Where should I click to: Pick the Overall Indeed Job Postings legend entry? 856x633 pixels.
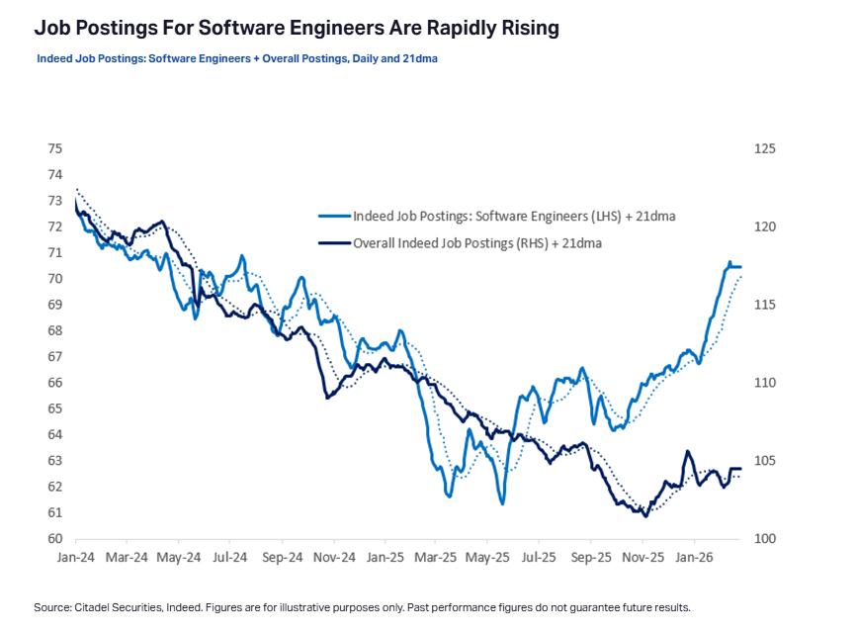pyautogui.click(x=477, y=242)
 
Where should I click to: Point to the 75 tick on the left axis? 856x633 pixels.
pyautogui.click(x=54, y=148)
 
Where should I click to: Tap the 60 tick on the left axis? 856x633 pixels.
pyautogui.click(x=54, y=539)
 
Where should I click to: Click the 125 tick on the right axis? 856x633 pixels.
pyautogui.click(x=764, y=148)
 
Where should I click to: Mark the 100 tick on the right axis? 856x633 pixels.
pyautogui.click(x=764, y=539)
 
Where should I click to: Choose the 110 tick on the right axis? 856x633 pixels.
pyautogui.click(x=764, y=383)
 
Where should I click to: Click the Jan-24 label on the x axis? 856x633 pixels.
pyautogui.click(x=75, y=558)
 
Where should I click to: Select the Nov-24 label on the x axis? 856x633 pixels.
pyautogui.click(x=333, y=558)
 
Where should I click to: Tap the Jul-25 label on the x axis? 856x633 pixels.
pyautogui.click(x=539, y=558)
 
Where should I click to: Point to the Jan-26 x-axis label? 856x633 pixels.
pyautogui.click(x=694, y=558)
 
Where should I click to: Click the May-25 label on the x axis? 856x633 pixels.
pyautogui.click(x=487, y=558)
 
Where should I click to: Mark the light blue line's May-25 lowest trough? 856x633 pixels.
pyautogui.click(x=502, y=503)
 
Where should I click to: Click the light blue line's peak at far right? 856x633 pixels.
pyautogui.click(x=729, y=263)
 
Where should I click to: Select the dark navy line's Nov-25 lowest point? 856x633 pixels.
pyautogui.click(x=646, y=515)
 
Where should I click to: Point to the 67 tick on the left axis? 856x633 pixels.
pyautogui.click(x=54, y=356)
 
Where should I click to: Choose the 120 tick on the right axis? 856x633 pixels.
pyautogui.click(x=764, y=226)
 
